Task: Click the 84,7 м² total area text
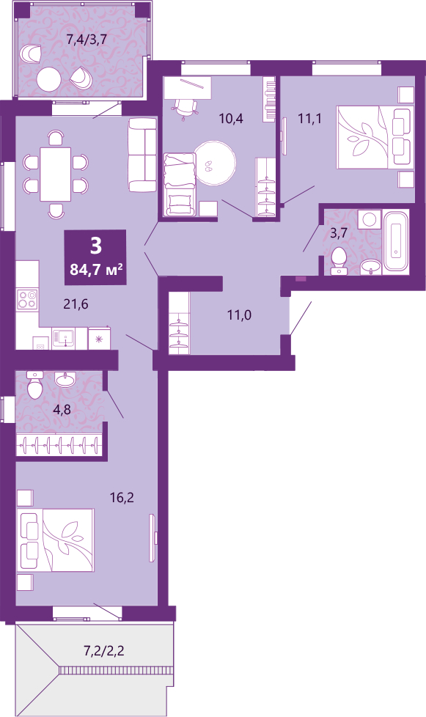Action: point(96,269)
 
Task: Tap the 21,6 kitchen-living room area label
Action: point(76,304)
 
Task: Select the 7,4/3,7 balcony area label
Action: point(87,40)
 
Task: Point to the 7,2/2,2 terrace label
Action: point(104,650)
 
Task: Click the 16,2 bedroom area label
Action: point(122,498)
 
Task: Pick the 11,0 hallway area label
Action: point(240,315)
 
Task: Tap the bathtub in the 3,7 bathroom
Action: point(396,240)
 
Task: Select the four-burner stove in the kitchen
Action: point(27,299)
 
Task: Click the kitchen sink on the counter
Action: point(63,339)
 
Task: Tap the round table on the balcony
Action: point(49,80)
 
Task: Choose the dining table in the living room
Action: point(56,174)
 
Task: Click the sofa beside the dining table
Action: point(142,155)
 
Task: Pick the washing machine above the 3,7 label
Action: point(370,220)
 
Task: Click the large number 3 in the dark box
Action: point(95,246)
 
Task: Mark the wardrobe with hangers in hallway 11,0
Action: point(179,323)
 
